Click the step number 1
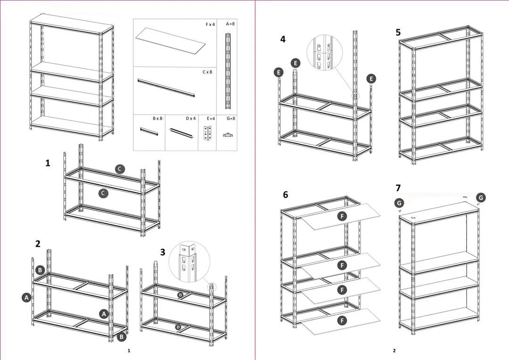point(48,163)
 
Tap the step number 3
point(163,252)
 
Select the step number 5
point(398,32)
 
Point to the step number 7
point(398,188)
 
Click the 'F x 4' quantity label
point(210,24)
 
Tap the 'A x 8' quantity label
point(230,24)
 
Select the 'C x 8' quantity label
point(207,72)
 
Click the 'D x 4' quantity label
point(190,118)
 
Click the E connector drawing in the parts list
point(207,134)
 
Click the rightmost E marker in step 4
point(371,79)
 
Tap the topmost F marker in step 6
point(343,216)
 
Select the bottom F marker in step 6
point(343,320)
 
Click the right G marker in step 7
point(480,197)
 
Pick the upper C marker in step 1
point(120,169)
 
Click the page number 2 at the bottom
point(394,351)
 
